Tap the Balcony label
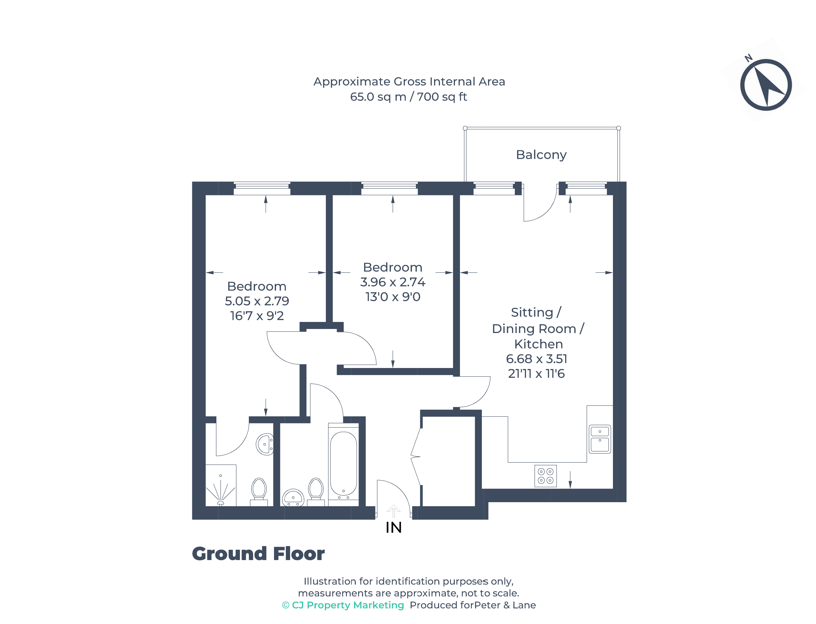point(541,155)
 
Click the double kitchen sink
point(600,439)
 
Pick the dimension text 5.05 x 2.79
point(257,301)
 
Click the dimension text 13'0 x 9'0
point(393,297)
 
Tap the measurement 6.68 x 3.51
point(536,359)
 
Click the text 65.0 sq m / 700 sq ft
point(408,97)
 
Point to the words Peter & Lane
point(505,605)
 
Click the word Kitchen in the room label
point(538,344)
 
